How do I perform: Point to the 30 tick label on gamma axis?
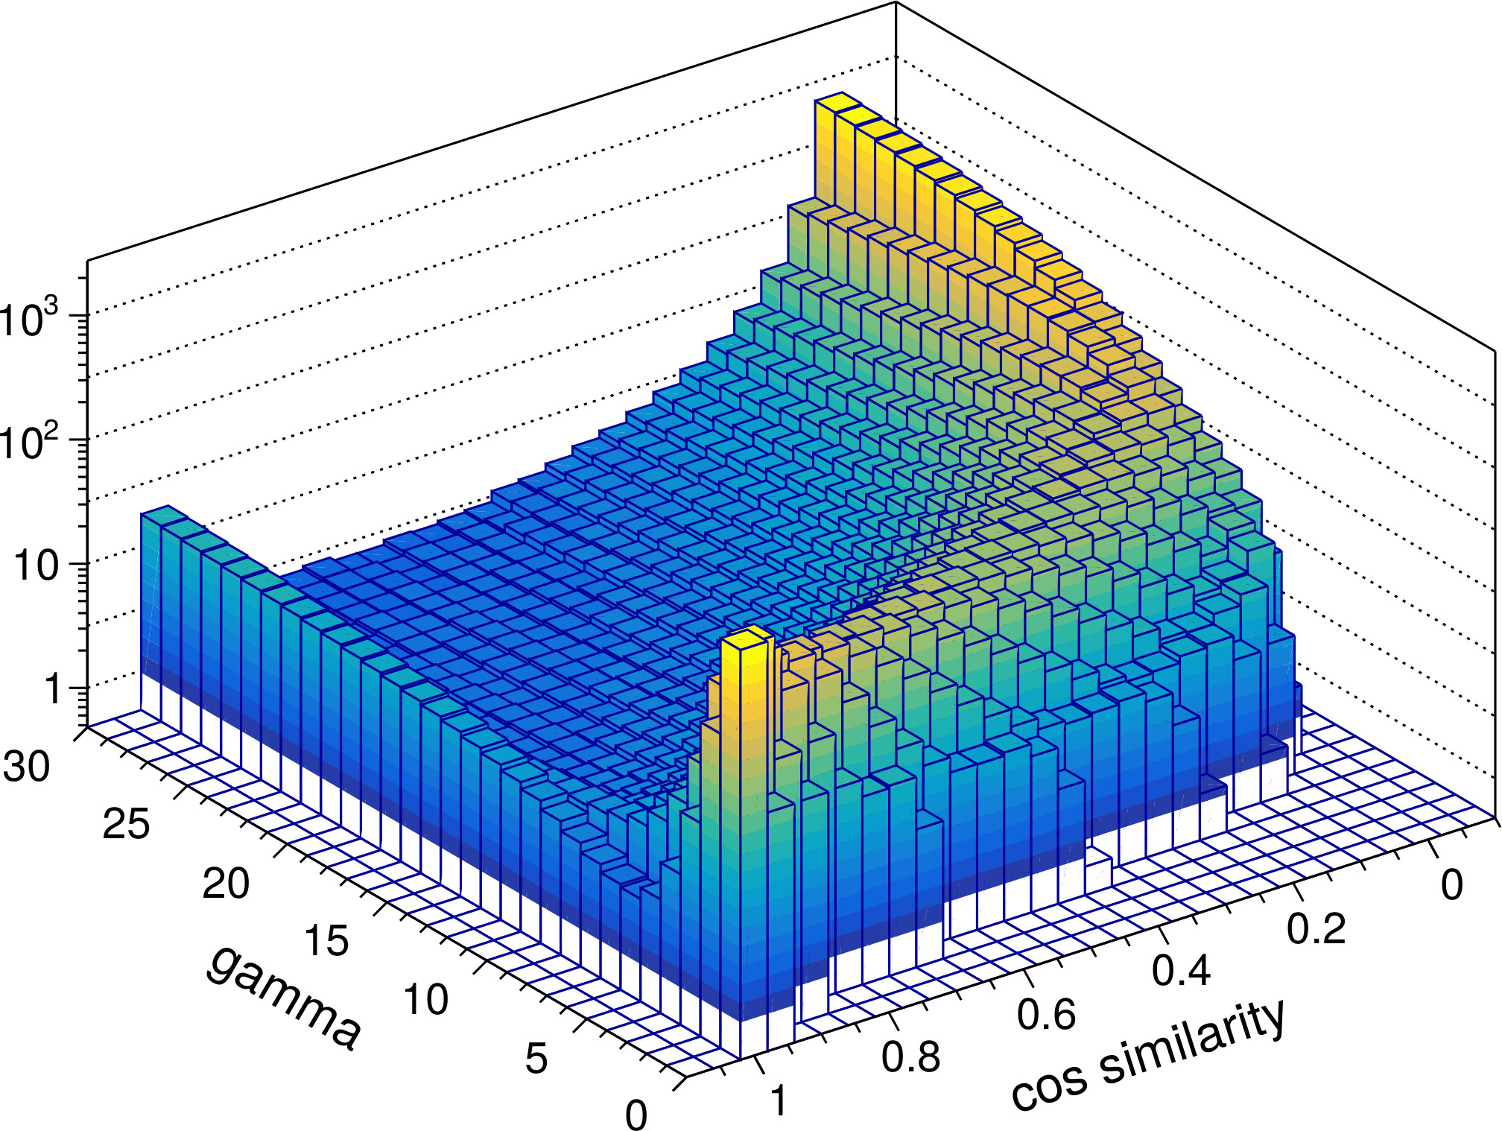[27, 766]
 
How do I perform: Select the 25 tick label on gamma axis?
[126, 825]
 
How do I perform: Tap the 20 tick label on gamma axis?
[226, 884]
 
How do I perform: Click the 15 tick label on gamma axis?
[326, 941]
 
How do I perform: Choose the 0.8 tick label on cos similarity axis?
[911, 1056]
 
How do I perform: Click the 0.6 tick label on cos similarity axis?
[1047, 1014]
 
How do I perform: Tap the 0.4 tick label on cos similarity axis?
[1182, 971]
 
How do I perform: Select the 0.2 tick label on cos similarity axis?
[1316, 928]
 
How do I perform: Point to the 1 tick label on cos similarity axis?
[779, 1101]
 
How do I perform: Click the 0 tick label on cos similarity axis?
[1451, 885]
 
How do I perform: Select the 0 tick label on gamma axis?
[636, 1115]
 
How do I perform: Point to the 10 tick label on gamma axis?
[426, 1000]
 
